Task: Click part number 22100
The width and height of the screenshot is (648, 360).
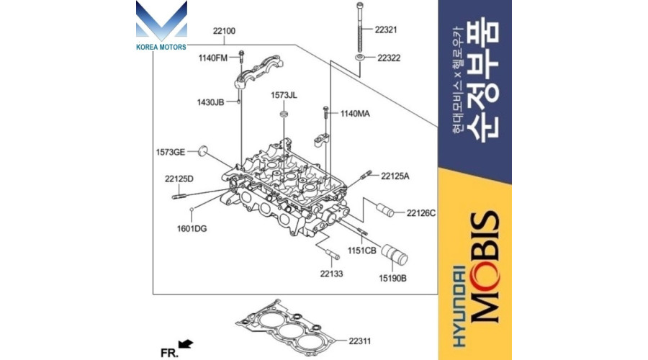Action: pos(224,32)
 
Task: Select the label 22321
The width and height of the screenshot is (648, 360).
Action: pos(386,30)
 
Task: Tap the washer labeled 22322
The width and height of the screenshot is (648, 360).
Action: pos(359,55)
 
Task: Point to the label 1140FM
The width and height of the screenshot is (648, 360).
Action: pos(212,58)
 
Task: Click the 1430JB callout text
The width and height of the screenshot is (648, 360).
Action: pos(211,102)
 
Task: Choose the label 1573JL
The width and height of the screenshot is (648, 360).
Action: pos(284,95)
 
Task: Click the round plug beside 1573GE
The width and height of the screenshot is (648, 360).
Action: pos(204,150)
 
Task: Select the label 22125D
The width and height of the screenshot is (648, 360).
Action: pos(179,178)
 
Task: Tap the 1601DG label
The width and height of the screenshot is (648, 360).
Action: pos(192,228)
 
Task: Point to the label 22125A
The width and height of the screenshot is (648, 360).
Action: pos(395,176)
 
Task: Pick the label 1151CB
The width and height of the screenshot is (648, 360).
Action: pos(362,250)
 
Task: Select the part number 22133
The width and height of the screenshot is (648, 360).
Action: pos(332,274)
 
